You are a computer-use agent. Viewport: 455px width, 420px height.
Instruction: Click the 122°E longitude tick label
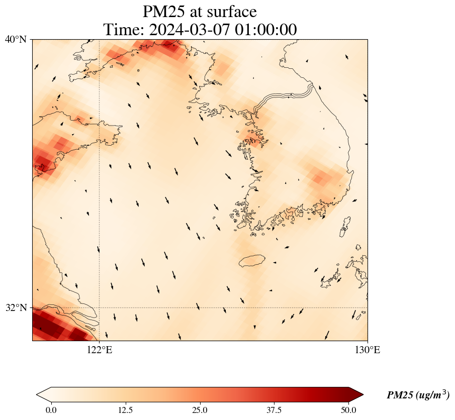[99, 350]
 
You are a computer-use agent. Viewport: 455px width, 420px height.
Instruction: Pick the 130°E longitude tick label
[367, 350]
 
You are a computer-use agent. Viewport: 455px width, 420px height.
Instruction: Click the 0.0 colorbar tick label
[51, 410]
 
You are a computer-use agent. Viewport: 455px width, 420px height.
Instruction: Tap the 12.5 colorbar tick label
[125, 410]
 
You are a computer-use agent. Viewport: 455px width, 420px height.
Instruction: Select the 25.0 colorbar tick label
[200, 410]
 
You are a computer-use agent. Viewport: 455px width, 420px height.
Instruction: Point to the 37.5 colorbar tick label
[274, 410]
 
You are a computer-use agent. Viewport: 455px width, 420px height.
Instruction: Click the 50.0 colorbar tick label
[348, 410]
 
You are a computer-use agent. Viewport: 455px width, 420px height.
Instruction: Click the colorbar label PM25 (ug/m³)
[418, 395]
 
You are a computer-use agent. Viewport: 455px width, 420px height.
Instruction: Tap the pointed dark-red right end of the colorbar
[352, 395]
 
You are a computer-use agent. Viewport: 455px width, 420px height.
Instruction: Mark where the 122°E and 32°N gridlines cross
[99, 307]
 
